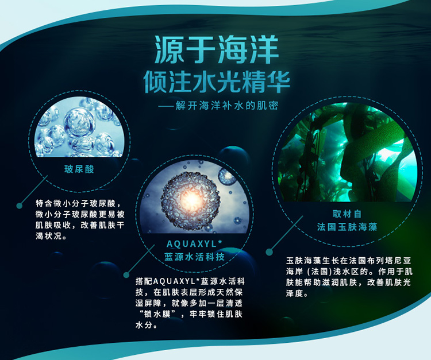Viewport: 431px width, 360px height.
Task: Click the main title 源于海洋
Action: click(x=217, y=51)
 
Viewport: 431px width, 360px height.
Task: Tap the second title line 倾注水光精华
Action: click(x=217, y=82)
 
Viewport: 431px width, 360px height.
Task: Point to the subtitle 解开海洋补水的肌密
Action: click(x=226, y=106)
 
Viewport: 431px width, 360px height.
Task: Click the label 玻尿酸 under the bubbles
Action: click(x=79, y=169)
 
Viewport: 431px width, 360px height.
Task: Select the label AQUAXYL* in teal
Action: click(x=194, y=244)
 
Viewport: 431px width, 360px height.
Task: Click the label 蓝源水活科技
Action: click(x=195, y=257)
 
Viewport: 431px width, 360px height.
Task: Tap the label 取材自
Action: click(x=347, y=214)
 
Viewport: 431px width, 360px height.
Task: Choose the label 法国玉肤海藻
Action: click(x=347, y=227)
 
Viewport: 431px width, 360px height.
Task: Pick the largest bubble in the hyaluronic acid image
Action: click(x=79, y=122)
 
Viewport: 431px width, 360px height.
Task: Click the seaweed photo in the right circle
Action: click(x=348, y=152)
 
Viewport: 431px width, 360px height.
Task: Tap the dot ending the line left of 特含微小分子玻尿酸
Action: click(x=19, y=206)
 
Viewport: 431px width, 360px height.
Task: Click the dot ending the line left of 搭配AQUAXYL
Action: click(x=126, y=275)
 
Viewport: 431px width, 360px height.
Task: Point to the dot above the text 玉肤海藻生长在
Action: click(x=270, y=252)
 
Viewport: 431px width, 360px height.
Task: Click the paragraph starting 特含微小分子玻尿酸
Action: click(x=80, y=220)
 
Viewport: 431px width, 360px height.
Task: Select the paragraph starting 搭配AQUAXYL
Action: click(x=190, y=303)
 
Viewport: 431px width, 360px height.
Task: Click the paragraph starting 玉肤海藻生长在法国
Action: click(x=349, y=277)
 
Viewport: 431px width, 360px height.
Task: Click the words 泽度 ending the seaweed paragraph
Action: click(x=294, y=293)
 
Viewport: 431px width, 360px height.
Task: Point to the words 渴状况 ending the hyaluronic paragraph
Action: click(x=49, y=236)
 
